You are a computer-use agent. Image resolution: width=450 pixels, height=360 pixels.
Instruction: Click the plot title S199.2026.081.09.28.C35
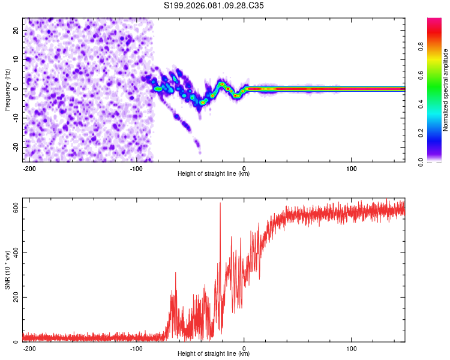[214, 5]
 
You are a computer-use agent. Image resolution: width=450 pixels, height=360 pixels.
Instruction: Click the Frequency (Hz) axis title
[7, 89]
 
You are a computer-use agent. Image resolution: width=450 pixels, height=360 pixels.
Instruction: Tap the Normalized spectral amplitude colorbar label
[445, 90]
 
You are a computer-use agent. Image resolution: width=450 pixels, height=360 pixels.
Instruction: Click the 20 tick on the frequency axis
[16, 30]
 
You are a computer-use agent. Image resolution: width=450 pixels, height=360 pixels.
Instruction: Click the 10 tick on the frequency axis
[16, 59]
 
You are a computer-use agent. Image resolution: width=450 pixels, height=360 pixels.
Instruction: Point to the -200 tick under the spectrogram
[29, 167]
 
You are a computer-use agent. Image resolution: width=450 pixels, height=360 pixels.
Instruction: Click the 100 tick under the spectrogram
[351, 167]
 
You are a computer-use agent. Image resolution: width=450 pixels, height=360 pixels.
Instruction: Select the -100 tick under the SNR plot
[136, 348]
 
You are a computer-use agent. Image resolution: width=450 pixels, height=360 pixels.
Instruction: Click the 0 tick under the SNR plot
[244, 348]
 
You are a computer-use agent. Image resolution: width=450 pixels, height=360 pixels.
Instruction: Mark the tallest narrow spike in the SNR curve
[220, 203]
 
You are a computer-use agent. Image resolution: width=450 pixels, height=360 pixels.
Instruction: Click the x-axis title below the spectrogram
[214, 174]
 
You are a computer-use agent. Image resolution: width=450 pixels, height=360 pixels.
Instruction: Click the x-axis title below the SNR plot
[214, 354]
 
